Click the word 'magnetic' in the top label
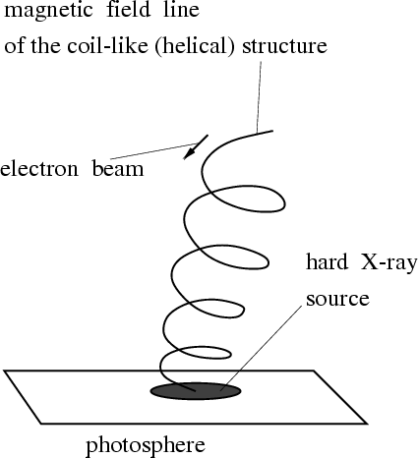(x=48, y=11)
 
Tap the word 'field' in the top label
(x=129, y=9)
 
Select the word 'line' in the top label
(x=182, y=9)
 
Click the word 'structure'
(x=284, y=46)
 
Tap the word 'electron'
(x=39, y=169)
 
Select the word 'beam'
(x=118, y=168)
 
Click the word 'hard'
(x=327, y=261)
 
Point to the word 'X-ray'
(x=389, y=263)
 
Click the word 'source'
(x=337, y=299)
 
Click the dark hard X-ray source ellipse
(x=196, y=391)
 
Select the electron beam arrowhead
(x=190, y=153)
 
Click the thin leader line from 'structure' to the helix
(x=259, y=97)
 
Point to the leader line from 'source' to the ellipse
(x=262, y=348)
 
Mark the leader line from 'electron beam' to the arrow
(x=153, y=151)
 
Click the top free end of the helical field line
(x=272, y=131)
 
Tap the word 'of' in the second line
(x=15, y=45)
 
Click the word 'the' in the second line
(x=46, y=45)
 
